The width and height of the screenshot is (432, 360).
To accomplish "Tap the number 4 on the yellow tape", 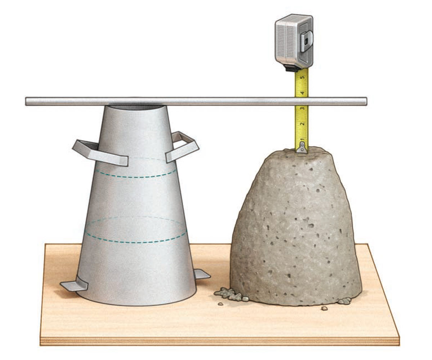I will [303, 93].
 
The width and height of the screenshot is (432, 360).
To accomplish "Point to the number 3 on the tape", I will [303, 108].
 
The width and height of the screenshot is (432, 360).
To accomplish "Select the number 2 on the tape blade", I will [303, 123].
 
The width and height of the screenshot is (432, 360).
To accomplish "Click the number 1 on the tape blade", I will [303, 139].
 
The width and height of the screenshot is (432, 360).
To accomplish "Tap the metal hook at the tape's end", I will [302, 147].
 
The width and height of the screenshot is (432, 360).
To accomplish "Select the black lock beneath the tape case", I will [292, 68].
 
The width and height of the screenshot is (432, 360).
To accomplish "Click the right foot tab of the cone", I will [202, 275].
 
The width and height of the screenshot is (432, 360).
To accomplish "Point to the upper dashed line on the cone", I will [136, 176].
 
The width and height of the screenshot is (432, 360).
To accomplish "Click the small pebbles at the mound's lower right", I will [344, 301].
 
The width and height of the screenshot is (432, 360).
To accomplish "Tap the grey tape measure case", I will [290, 40].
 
